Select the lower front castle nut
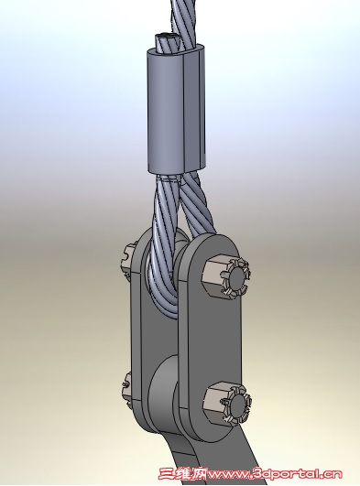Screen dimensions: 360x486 click(228, 404)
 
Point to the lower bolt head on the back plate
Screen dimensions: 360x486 click(127, 387)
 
